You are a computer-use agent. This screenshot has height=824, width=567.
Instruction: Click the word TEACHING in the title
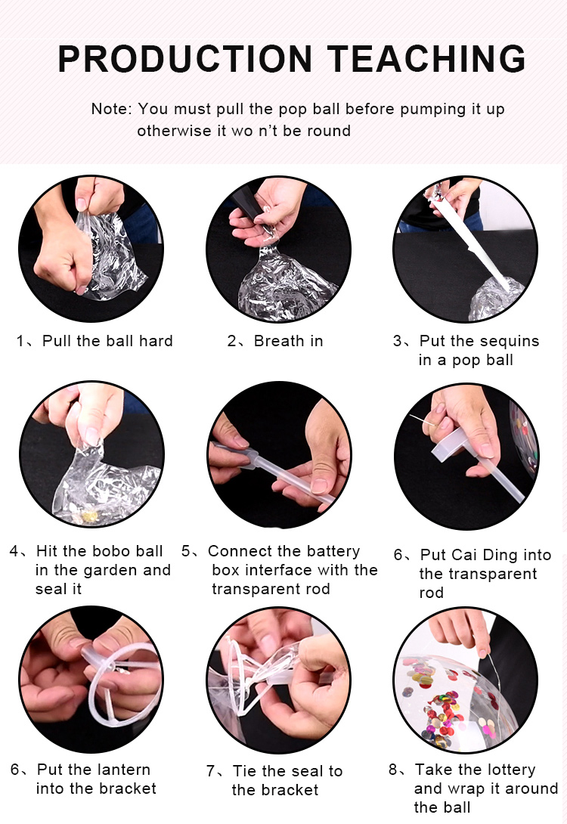(426, 58)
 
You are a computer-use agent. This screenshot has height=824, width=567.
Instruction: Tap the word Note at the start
(110, 109)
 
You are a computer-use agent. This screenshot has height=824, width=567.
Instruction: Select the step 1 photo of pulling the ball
(91, 249)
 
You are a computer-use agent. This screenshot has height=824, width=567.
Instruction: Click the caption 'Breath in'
(288, 341)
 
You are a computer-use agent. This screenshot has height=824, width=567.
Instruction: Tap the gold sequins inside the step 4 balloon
(90, 516)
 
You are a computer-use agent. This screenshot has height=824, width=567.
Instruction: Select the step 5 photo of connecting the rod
(278, 455)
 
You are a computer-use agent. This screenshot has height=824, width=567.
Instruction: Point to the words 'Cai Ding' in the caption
(477, 555)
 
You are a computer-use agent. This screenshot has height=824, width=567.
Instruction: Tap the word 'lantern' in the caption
(123, 770)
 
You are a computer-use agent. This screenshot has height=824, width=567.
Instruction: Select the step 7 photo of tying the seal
(278, 680)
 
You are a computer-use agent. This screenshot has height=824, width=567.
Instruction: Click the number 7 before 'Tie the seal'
(210, 771)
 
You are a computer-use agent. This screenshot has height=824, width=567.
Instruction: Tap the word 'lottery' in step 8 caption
(510, 770)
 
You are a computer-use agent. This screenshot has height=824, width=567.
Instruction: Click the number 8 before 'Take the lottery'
(393, 770)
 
